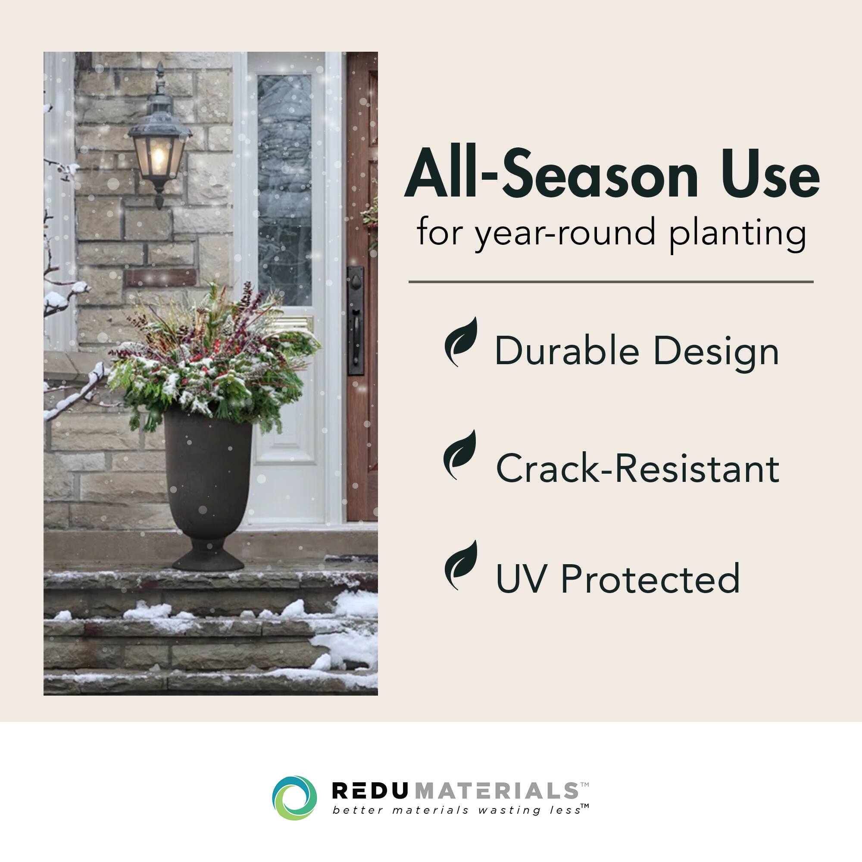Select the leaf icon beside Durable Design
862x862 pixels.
461,342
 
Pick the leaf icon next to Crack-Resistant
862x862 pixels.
460,455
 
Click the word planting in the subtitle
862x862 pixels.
737,234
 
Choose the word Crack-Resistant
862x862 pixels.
637,468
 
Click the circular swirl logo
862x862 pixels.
294,798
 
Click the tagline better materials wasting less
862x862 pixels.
457,810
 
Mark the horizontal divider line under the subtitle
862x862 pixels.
611,282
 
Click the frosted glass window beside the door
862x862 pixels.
284,190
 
